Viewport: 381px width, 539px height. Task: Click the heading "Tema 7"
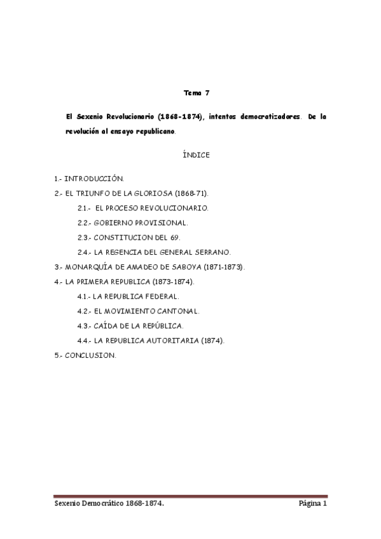click(x=196, y=93)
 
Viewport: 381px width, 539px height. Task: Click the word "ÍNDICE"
click(x=195, y=154)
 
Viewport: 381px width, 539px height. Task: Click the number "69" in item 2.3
click(x=176, y=237)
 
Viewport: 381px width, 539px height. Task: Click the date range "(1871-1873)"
click(x=223, y=266)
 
